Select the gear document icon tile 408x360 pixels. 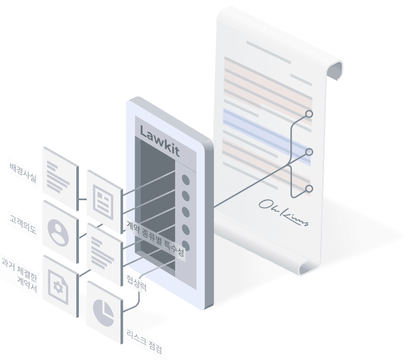click(x=60, y=285)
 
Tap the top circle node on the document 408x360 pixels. click(x=309, y=114)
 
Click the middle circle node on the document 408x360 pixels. click(x=309, y=152)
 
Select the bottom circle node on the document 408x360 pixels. click(x=309, y=188)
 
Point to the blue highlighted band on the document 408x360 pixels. click(x=266, y=132)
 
